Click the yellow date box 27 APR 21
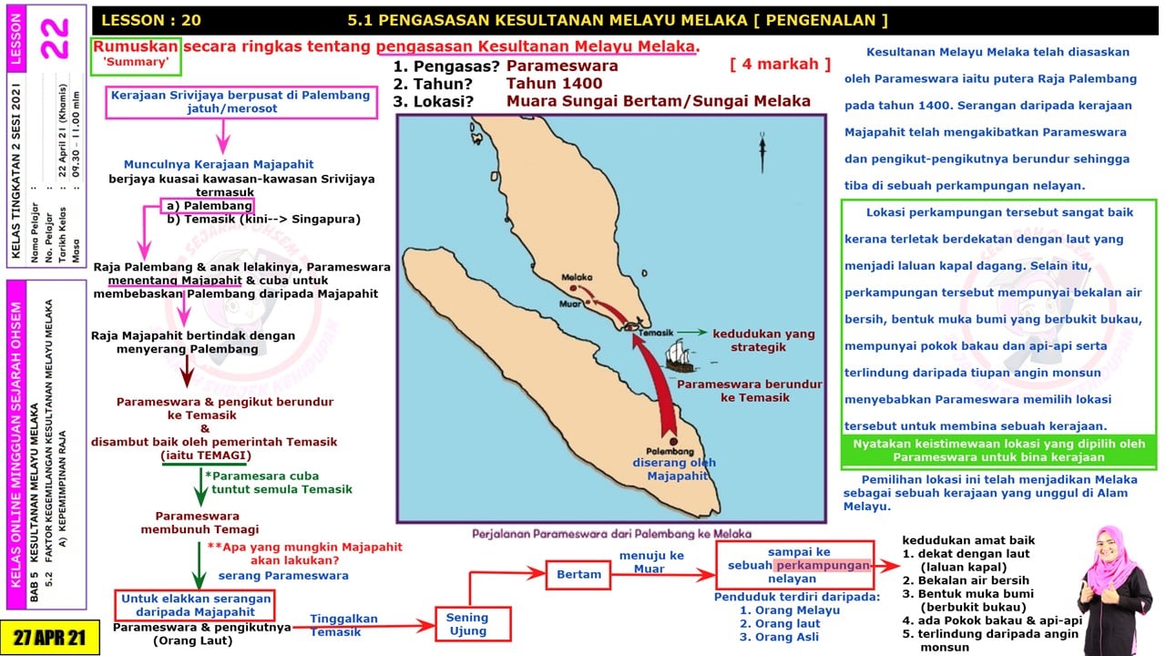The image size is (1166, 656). tap(49, 637)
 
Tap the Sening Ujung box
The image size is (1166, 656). tap(473, 624)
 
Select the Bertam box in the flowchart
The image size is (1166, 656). tap(578, 575)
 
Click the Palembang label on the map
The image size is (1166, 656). tap(670, 451)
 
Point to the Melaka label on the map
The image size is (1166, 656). tap(577, 278)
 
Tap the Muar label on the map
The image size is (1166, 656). tap(569, 303)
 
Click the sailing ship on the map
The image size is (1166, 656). tap(680, 356)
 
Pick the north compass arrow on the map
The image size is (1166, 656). tap(762, 152)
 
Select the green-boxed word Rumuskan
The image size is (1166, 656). tap(136, 46)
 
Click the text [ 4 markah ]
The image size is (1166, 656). tap(780, 64)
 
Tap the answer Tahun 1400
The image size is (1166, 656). tap(555, 83)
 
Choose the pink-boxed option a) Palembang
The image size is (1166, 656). tap(208, 206)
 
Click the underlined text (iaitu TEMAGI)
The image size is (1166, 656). tap(206, 456)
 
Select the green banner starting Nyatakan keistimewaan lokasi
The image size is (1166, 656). tap(999, 451)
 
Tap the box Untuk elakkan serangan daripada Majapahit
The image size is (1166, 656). tap(195, 606)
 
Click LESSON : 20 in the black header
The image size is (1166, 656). tap(151, 20)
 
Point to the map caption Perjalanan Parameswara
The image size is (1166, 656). tap(611, 534)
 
